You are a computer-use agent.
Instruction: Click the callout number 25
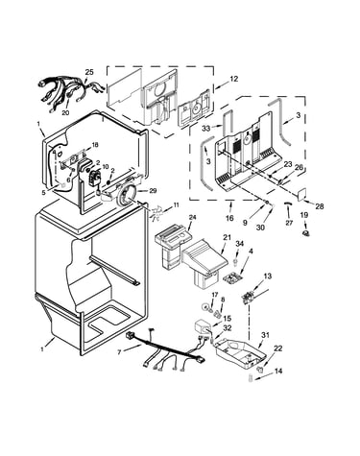tap(89, 72)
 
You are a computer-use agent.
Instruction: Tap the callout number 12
tap(234, 79)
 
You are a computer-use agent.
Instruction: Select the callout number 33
tap(206, 129)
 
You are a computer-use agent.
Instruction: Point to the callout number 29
tap(153, 191)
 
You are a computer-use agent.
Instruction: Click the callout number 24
tap(192, 217)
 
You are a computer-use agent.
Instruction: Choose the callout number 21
tap(227, 237)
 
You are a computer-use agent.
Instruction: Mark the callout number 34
tap(239, 244)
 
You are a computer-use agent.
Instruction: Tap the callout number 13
tap(268, 276)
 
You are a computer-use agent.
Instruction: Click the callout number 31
tap(265, 335)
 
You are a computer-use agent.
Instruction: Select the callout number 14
tap(278, 372)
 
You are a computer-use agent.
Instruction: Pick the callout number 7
tap(119, 352)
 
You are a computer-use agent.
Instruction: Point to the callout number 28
tap(319, 206)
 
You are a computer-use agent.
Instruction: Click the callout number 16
tap(229, 219)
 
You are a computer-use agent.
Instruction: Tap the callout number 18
tap(95, 145)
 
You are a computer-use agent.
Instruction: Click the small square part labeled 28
tap(301, 194)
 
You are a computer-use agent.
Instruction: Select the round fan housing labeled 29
tap(125, 196)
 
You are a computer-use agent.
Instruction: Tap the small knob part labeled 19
tap(306, 233)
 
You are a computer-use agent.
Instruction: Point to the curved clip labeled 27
tap(288, 204)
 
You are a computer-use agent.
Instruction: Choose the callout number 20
tap(65, 112)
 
